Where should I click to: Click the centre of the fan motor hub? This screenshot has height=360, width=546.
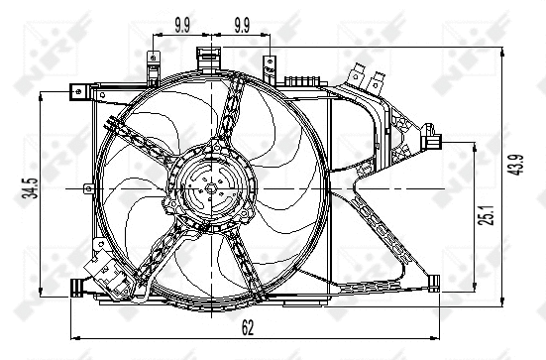point(209,186)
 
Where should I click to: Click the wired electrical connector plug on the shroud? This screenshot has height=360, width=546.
point(102,266)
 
